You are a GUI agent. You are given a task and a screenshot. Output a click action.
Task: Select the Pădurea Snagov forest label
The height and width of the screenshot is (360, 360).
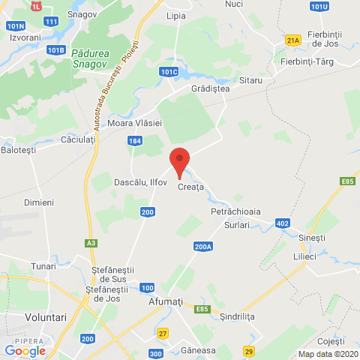pos(92,58)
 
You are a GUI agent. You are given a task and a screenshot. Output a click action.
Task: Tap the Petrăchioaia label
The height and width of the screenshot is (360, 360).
pos(235,211)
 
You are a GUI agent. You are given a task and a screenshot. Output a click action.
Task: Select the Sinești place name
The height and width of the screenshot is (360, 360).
pos(312,238)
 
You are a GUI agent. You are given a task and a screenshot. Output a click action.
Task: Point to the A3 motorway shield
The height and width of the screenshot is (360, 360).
pos(91,243)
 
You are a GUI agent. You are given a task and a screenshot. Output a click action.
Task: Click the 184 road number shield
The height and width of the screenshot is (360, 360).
pos(134,140)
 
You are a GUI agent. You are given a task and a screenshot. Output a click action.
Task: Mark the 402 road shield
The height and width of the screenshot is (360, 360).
pos(282,223)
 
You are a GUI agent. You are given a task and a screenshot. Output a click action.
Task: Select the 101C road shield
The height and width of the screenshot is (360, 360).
pos(169,72)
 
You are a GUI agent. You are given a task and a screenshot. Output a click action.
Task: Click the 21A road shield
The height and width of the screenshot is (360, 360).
pos(292,40)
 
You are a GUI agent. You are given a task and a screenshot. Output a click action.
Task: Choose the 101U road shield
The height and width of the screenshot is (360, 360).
pos(319,7)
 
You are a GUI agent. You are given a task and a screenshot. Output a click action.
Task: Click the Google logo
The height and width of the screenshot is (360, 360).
pos(25,350)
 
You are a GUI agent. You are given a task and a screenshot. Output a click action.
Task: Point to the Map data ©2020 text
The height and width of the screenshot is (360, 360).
pos(327,354)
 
